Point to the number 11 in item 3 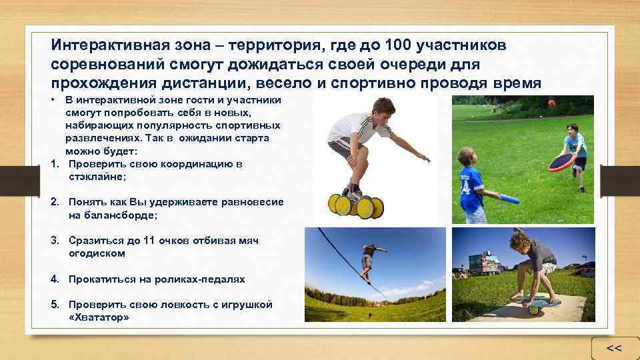pyautogui.click(x=149, y=241)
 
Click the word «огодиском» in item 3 pyautogui.click(x=97, y=253)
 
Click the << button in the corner pyautogui.click(x=614, y=348)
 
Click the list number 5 pyautogui.click(x=55, y=305)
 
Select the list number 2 pyautogui.click(x=55, y=202)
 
